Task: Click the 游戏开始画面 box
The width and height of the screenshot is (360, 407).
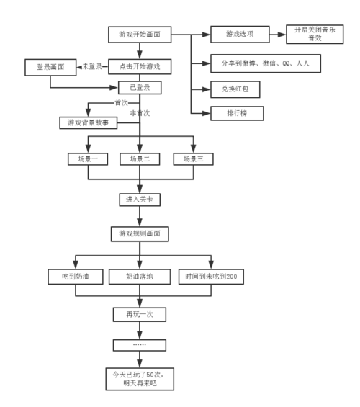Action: point(140,35)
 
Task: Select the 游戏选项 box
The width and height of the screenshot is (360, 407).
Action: point(240,35)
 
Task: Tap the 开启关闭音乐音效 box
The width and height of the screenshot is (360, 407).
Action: point(315,35)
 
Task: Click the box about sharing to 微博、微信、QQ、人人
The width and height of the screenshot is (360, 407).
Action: point(266,63)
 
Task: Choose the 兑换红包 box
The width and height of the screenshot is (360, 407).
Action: point(235,89)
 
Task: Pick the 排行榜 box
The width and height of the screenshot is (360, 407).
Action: point(237,113)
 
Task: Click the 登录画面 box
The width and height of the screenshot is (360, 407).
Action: point(50,68)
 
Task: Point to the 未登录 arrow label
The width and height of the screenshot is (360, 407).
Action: point(92,67)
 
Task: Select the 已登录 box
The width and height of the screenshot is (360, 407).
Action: point(140,88)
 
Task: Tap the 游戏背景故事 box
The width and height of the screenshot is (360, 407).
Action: point(88,122)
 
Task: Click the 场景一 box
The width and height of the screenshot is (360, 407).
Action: point(88,159)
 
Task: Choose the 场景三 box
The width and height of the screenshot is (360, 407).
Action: point(193,159)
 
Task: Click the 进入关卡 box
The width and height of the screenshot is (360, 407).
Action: point(140,200)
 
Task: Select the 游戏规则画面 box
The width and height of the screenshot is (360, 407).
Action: point(140,234)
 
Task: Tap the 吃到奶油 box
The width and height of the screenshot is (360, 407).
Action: point(76,277)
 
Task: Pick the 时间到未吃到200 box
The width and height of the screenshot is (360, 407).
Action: point(211,277)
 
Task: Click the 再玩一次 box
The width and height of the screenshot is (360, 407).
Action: point(140,315)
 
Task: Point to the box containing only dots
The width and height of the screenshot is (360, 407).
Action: point(140,345)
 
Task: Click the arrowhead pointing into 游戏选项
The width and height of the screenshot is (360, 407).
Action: point(206,35)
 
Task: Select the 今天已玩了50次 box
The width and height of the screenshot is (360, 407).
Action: point(140,379)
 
